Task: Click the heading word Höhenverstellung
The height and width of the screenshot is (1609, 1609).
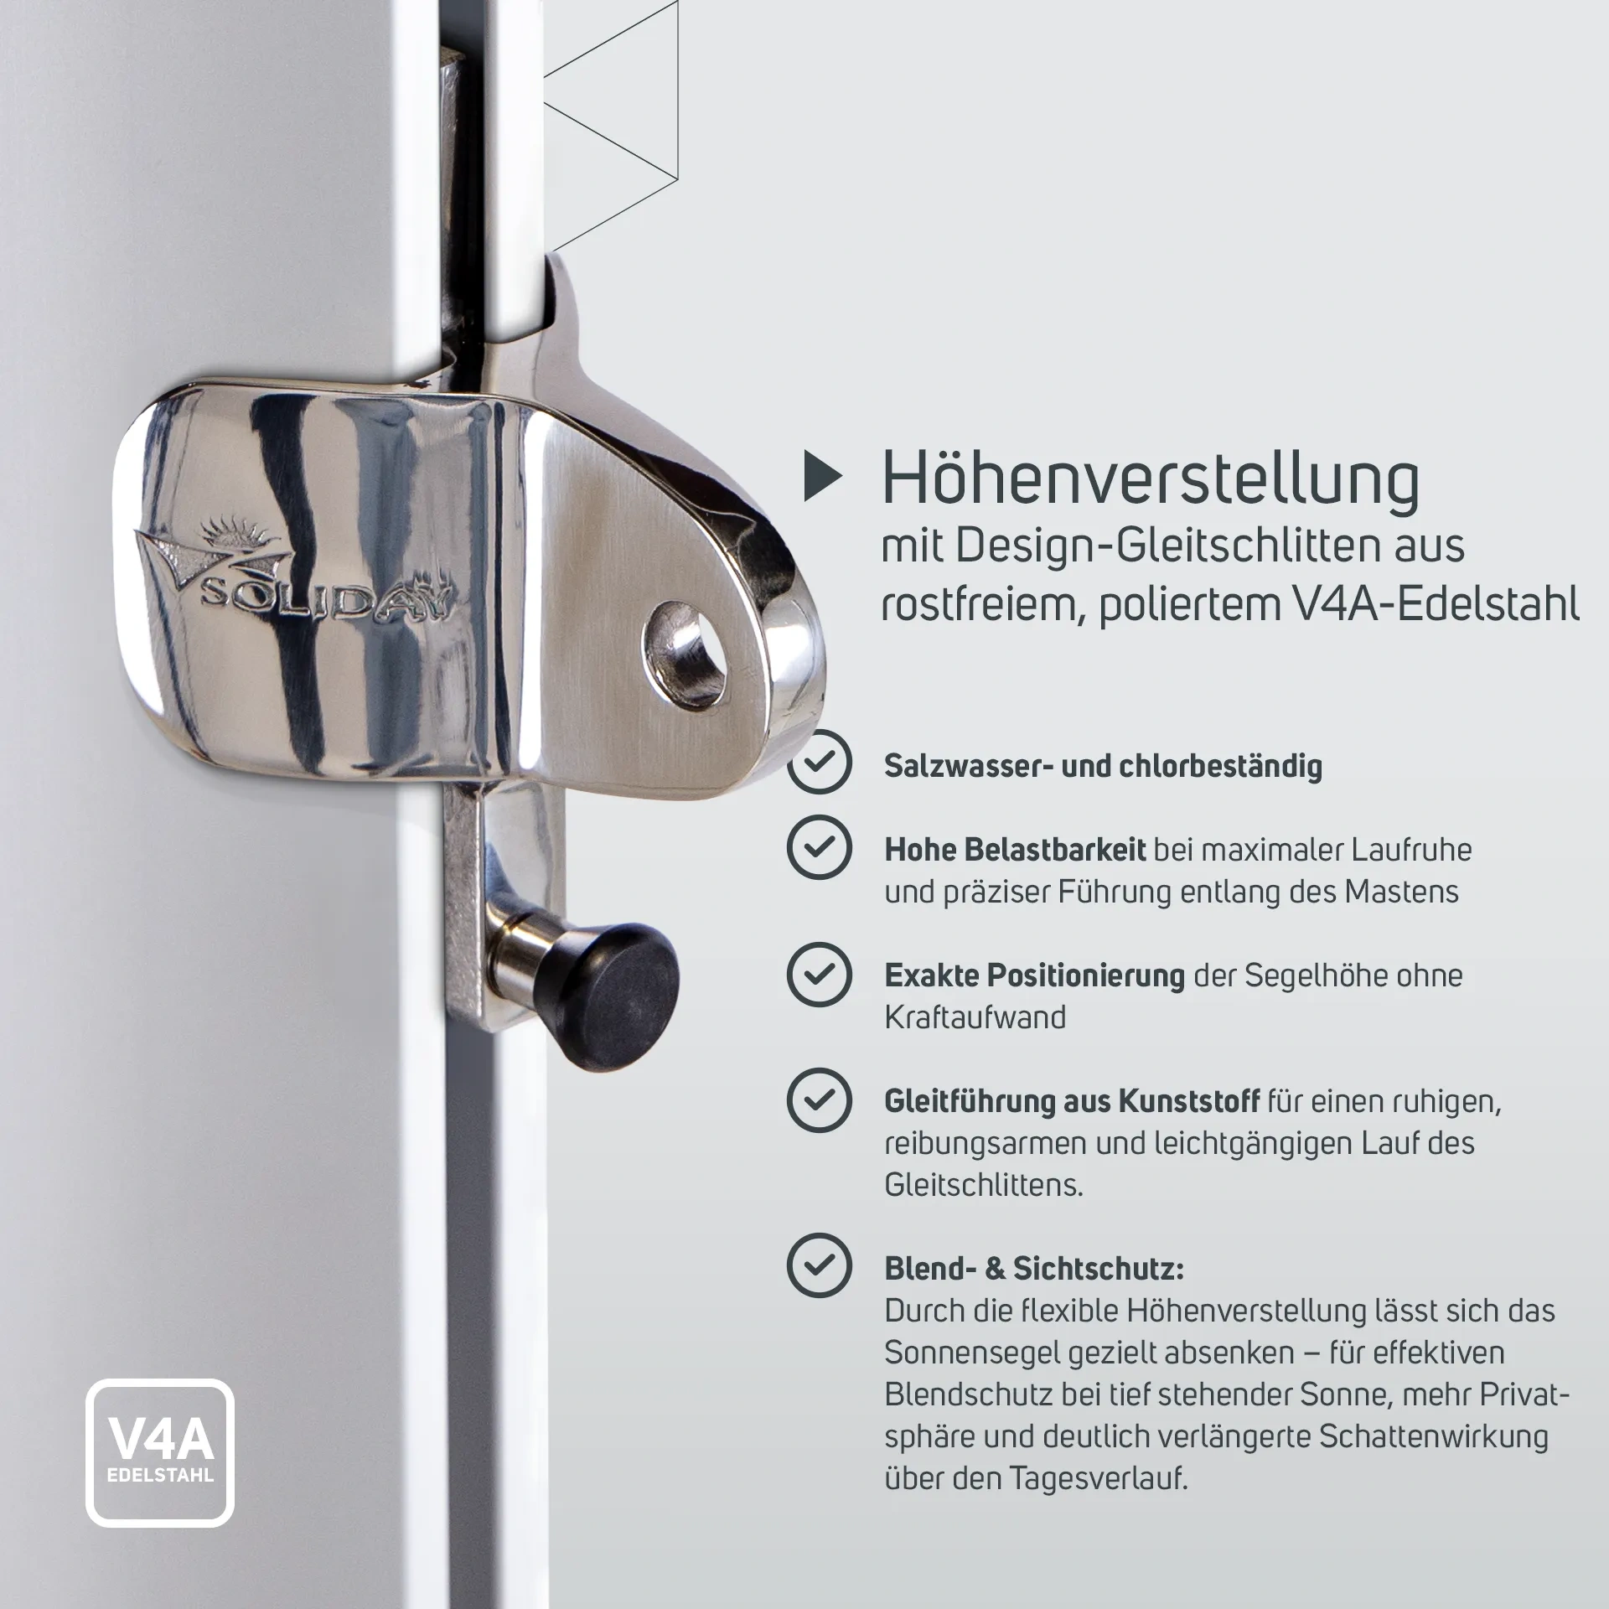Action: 1151,481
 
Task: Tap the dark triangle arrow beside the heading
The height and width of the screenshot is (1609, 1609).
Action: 822,477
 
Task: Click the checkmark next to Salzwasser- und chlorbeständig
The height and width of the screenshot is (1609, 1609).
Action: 819,762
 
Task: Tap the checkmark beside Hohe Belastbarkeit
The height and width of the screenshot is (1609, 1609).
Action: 819,846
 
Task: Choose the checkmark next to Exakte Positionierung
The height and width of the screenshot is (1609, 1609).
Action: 819,974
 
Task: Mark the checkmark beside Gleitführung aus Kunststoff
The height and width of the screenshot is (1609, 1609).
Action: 819,1099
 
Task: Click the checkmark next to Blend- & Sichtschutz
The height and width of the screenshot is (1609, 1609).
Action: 819,1265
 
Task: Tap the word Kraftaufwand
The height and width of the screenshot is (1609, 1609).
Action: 975,1017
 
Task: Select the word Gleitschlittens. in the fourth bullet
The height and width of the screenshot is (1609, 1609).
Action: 984,1185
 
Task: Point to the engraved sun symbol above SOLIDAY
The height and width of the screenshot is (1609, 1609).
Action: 222,530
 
